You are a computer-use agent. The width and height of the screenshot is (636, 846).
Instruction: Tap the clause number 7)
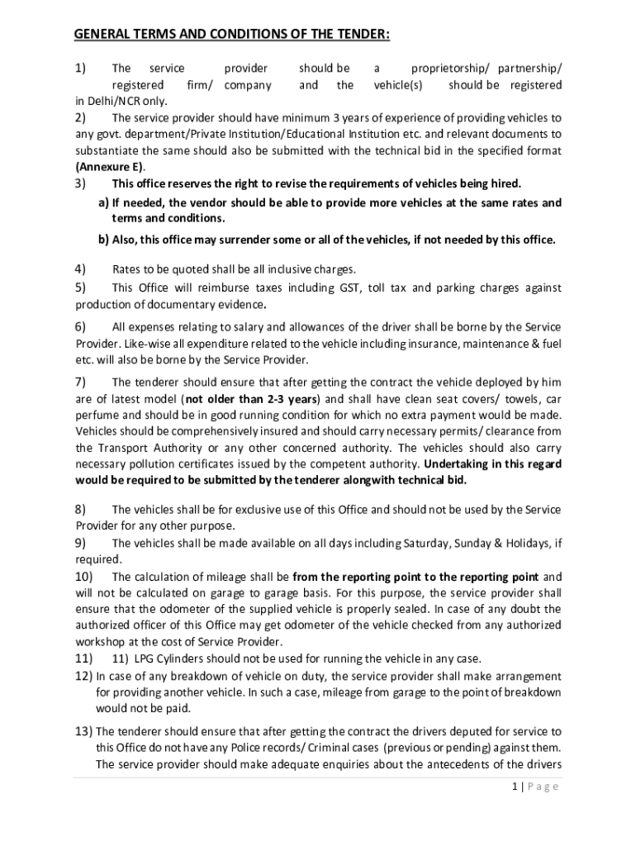(x=81, y=382)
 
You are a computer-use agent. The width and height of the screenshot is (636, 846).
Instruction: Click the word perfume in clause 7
(x=96, y=415)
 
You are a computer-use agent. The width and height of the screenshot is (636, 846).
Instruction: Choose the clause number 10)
(x=84, y=576)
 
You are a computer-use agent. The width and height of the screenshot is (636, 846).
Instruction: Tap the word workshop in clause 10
(x=102, y=642)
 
